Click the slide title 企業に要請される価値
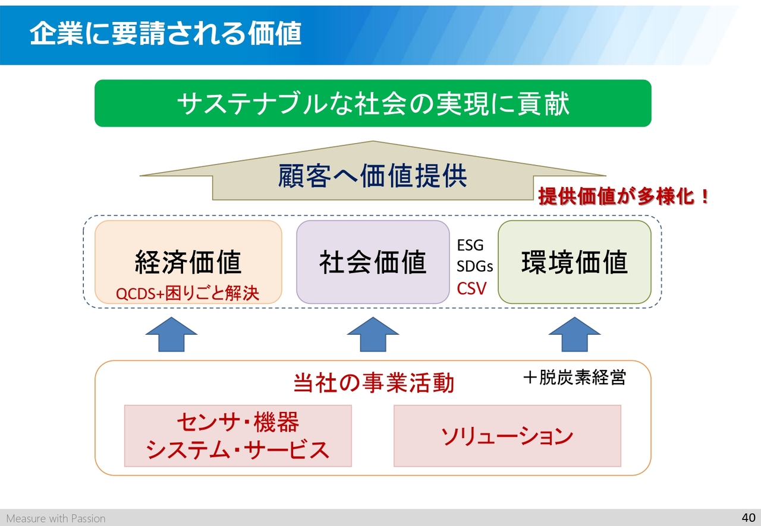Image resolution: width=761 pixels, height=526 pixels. [x=165, y=33]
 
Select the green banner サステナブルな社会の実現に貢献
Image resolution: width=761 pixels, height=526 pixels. [x=373, y=103]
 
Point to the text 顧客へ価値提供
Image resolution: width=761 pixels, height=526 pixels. [x=373, y=176]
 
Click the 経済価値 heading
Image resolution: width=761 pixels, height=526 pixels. [x=188, y=262]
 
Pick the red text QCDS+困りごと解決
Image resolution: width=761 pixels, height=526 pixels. [x=187, y=293]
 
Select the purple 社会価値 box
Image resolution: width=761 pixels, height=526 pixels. [x=373, y=262]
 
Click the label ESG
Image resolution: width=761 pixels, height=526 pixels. [x=470, y=245]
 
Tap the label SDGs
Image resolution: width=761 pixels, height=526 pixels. [x=474, y=267]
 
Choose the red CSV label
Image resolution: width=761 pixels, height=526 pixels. [x=471, y=289]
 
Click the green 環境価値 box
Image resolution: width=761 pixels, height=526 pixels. [x=574, y=262]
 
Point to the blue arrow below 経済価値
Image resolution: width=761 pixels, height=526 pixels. [x=171, y=334]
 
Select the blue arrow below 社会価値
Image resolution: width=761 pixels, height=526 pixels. [x=373, y=334]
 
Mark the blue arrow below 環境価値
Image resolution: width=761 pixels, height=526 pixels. [x=574, y=334]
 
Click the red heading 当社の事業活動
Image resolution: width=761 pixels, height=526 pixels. [x=373, y=383]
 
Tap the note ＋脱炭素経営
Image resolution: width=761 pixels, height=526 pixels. [x=574, y=378]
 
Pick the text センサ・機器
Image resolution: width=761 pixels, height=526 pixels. [x=238, y=422]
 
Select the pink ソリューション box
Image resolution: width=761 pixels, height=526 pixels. [x=507, y=436]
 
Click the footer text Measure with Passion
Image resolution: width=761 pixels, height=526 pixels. [x=56, y=518]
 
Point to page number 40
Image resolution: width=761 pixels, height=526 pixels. [x=749, y=518]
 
